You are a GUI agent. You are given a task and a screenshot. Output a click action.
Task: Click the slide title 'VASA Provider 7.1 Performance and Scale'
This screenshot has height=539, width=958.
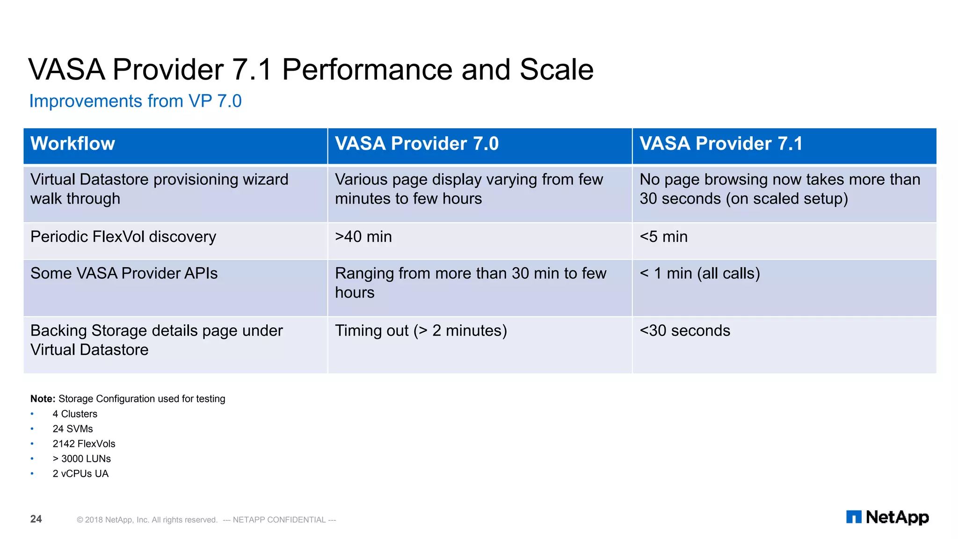tap(311, 70)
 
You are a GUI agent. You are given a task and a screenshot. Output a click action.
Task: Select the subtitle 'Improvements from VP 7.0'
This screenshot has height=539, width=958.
tap(135, 101)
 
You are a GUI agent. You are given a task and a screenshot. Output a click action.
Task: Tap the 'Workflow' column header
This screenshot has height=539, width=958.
tap(73, 144)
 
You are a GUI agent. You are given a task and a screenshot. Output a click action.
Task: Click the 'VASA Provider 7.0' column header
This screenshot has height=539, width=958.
tap(416, 144)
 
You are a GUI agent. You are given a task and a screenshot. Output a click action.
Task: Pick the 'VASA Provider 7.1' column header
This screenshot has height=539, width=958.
tap(720, 144)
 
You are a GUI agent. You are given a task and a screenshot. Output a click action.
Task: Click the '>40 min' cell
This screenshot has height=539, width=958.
tap(363, 237)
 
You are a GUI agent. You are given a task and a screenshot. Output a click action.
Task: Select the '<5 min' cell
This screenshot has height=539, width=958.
tap(663, 237)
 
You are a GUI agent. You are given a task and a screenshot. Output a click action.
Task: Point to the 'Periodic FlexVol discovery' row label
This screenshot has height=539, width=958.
tap(123, 237)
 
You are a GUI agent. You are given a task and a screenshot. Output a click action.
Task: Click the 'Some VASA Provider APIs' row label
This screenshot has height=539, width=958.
tap(124, 273)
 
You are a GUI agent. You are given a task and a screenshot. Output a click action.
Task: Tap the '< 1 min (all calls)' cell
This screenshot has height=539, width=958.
tap(699, 273)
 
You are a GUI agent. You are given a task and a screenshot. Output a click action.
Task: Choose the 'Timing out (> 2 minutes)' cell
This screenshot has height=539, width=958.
tap(421, 331)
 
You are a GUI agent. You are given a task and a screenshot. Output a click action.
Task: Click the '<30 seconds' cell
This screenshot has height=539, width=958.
tap(684, 331)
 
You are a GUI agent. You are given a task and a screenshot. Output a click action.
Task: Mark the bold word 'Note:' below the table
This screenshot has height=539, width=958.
tap(43, 399)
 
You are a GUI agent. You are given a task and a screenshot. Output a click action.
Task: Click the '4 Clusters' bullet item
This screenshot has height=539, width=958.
tap(75, 414)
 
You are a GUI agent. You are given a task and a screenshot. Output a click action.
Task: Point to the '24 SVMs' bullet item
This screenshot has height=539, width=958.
tap(73, 429)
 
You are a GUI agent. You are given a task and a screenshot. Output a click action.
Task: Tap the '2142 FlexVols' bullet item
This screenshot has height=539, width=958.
tap(84, 444)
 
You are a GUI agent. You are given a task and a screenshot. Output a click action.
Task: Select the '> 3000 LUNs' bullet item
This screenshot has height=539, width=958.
tap(81, 459)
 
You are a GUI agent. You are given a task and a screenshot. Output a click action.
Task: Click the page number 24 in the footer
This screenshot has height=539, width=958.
tap(36, 519)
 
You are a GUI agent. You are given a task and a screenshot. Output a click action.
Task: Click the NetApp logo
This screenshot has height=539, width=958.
tap(887, 517)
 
